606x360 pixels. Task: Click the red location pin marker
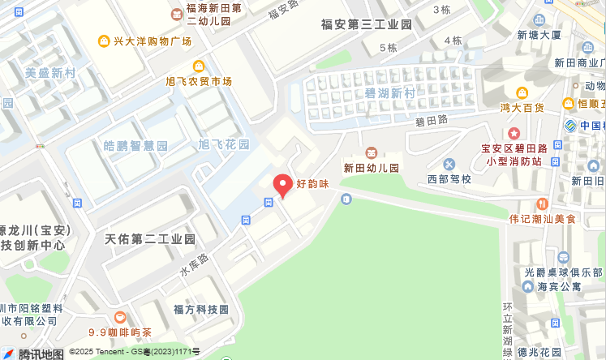tap(282, 186)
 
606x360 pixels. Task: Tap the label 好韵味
tap(312, 184)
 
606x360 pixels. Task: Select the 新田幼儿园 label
tap(372, 168)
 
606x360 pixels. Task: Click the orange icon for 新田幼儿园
tap(372, 152)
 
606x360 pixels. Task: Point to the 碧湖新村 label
tap(389, 93)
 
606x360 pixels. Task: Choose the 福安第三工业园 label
tap(367, 24)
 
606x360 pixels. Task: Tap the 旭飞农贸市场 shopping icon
tap(198, 66)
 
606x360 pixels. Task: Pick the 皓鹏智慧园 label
tap(135, 146)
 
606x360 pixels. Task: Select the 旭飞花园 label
tap(224, 144)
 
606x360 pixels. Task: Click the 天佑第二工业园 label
tap(151, 239)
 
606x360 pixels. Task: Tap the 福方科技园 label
tap(201, 309)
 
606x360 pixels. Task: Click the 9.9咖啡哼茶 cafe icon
tap(120, 317)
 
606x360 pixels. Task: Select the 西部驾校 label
tap(449, 178)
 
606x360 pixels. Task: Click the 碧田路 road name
tap(432, 120)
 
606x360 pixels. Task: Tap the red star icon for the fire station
tap(513, 132)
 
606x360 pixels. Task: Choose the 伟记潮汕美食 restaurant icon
tap(542, 203)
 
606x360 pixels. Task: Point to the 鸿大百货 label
tap(522, 106)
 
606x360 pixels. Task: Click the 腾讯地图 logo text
tap(41, 354)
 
